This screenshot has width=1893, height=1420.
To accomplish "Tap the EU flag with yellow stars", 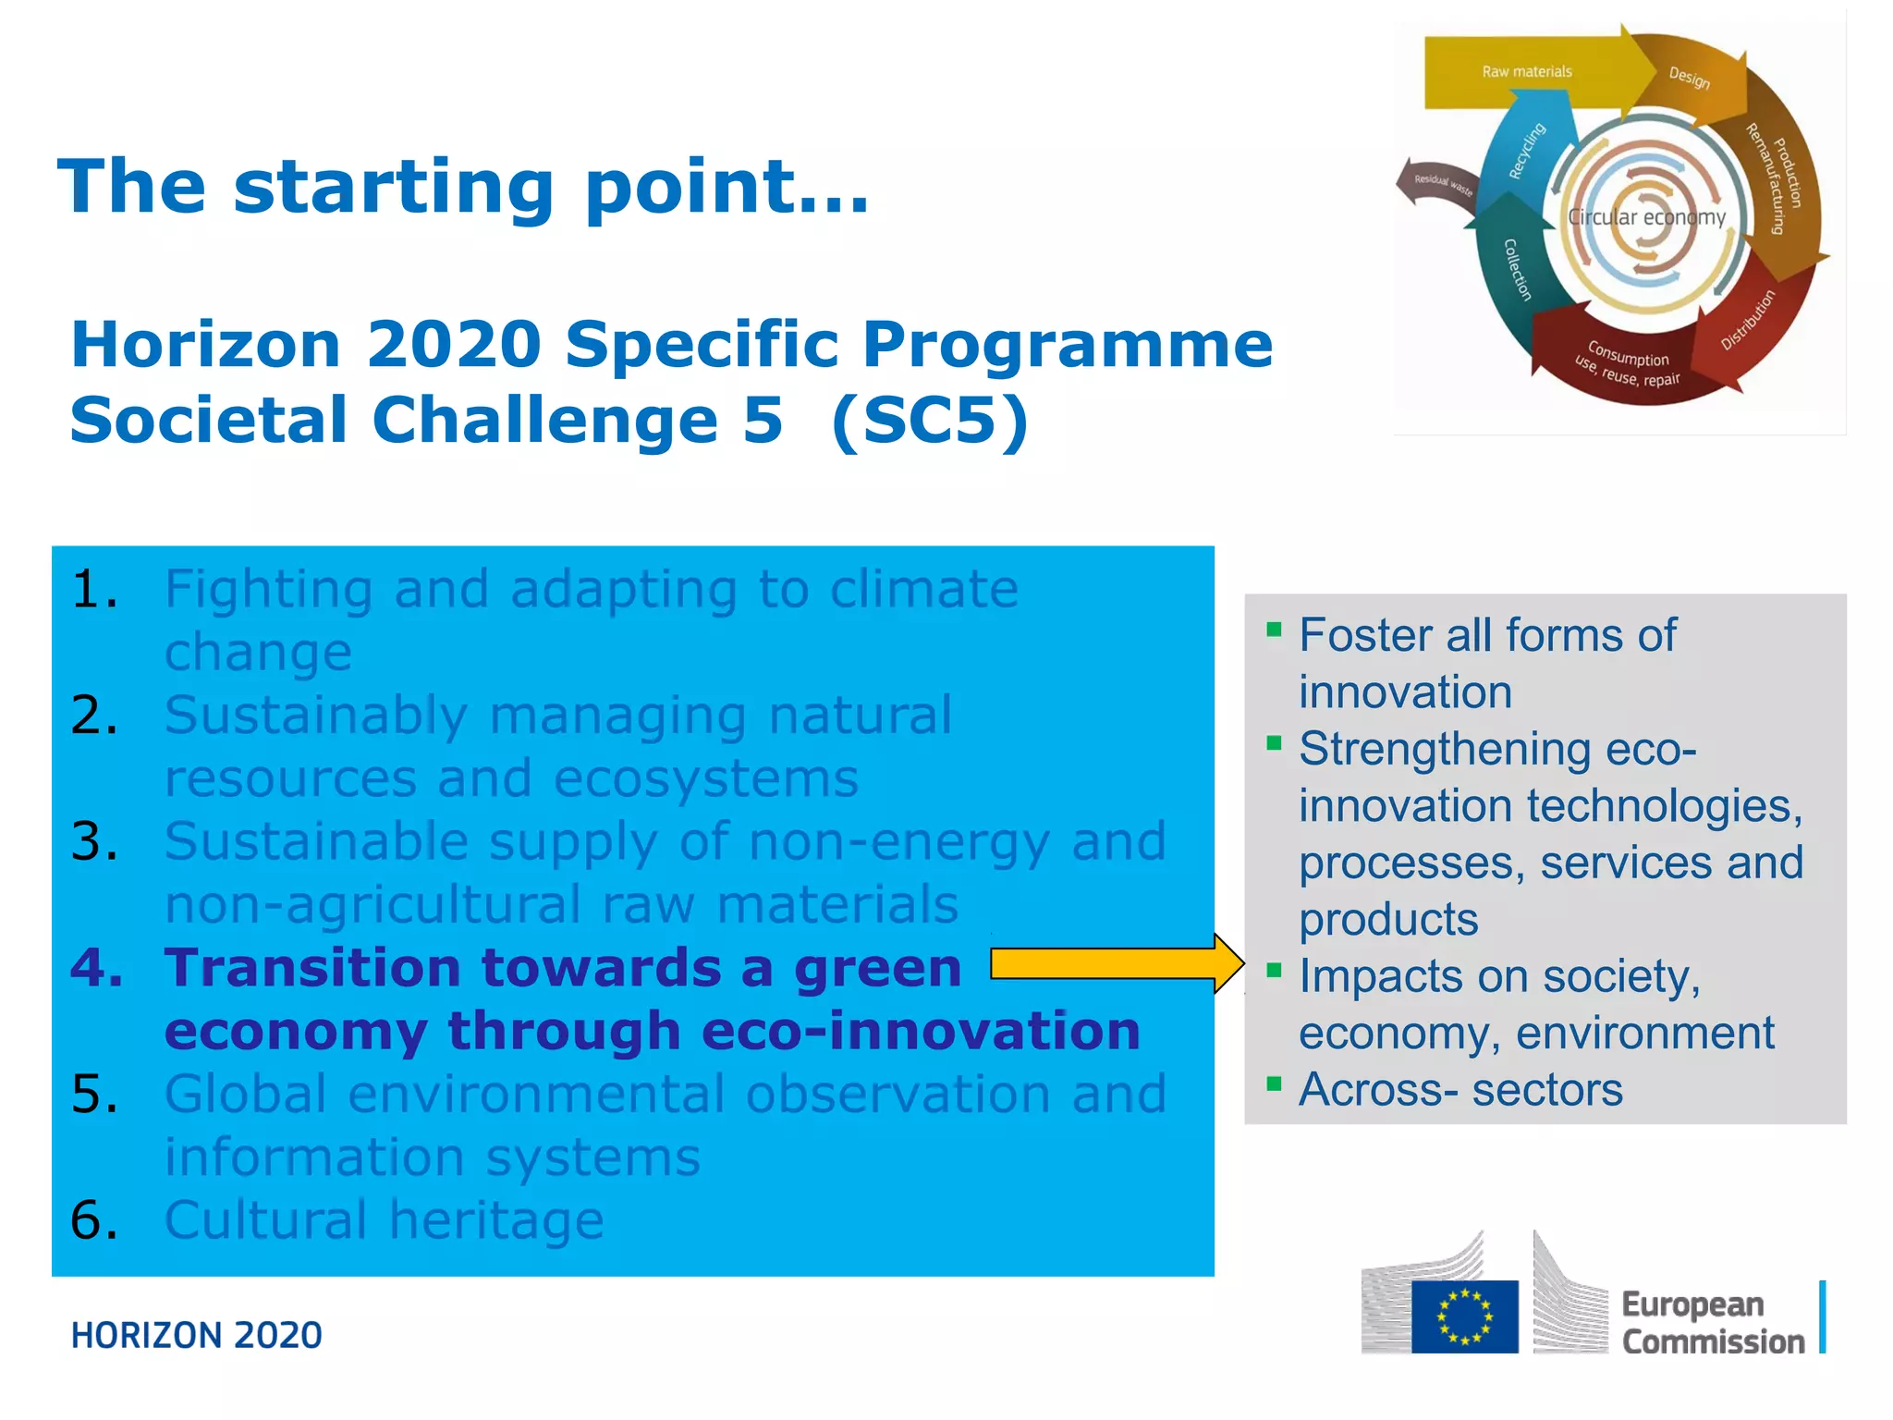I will click(1464, 1316).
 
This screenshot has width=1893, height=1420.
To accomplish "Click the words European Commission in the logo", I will click(1712, 1323).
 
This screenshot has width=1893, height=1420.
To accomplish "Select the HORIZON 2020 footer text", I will click(196, 1336).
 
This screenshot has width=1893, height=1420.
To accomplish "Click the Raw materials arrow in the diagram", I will click(1526, 72).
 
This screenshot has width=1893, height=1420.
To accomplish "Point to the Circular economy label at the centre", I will click(1646, 217).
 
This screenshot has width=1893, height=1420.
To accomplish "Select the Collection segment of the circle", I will click(1517, 269).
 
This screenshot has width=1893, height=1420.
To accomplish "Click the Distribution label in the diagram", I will click(1748, 320).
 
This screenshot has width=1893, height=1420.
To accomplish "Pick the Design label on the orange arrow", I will click(1689, 78).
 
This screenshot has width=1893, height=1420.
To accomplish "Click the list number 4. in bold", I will click(96, 968).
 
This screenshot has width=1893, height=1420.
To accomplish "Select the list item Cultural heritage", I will click(384, 1219).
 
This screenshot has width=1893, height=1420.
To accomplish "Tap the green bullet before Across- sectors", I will click(1274, 1083).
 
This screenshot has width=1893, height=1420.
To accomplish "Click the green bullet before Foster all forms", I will click(1274, 630).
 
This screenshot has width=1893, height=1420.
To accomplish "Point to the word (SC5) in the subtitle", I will click(929, 420).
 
